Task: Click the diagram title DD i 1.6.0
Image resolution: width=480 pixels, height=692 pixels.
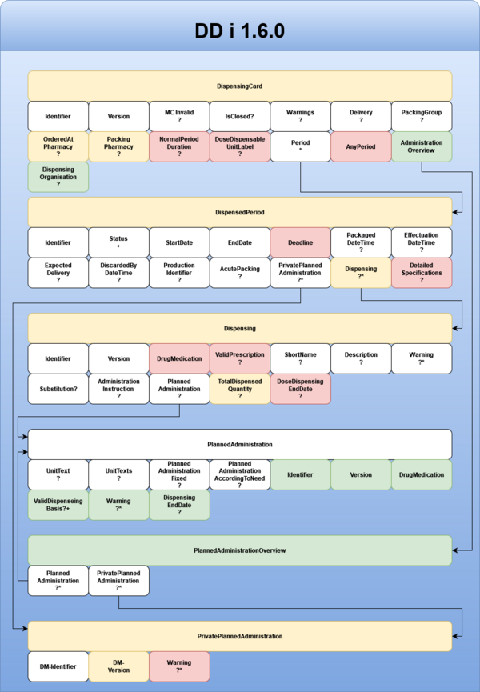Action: coord(240,31)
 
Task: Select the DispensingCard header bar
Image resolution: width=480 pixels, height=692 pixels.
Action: coord(240,85)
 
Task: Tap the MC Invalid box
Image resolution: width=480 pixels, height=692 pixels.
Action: coord(179,116)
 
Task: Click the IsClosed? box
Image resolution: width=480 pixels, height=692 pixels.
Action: coord(240,116)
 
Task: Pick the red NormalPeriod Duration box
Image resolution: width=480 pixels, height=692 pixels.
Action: coord(179,147)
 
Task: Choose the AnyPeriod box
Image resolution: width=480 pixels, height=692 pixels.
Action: coord(361,147)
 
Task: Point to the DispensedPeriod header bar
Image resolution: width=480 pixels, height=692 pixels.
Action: coord(240,212)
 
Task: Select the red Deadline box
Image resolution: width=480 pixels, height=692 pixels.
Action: coord(300,242)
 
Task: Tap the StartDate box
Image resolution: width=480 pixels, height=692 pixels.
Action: coord(179,242)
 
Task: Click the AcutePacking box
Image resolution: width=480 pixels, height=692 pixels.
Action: coord(240,273)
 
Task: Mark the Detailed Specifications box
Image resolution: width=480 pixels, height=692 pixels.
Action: coord(422,273)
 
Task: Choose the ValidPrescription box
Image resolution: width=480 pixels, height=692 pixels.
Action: coord(240,358)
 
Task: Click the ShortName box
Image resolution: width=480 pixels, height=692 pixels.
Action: coord(300,358)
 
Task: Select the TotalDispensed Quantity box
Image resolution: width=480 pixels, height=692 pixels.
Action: coord(240,389)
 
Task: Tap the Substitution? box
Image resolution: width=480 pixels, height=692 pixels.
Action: coord(58,389)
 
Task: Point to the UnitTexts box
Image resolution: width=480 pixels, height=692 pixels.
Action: coord(119,474)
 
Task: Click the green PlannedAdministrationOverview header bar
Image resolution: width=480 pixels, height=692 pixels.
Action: coord(240,550)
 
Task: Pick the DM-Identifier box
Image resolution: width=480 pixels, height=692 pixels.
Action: coord(58,666)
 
